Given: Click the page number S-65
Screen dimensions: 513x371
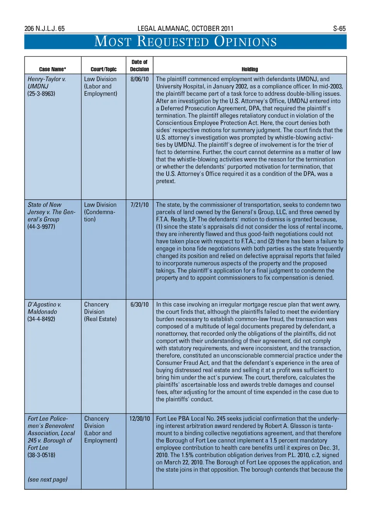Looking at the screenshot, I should click(339, 29).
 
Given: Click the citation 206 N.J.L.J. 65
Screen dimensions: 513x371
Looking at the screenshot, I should click(44, 29).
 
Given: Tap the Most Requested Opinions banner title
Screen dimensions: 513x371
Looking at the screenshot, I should click(185, 41).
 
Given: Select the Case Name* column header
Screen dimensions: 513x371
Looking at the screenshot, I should click(53, 69).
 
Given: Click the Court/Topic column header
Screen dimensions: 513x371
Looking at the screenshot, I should click(104, 69).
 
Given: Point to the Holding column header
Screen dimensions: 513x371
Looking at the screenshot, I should click(250, 69).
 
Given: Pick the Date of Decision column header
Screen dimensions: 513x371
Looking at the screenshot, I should click(140, 66).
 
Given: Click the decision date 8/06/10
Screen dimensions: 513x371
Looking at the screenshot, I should click(140, 79).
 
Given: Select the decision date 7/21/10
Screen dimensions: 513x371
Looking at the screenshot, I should click(140, 205).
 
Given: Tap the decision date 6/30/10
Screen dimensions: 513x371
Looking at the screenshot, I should click(140, 305).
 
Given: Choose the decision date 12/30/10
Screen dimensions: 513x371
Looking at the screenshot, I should click(140, 419).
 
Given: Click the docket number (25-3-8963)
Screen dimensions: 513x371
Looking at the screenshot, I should click(41, 94).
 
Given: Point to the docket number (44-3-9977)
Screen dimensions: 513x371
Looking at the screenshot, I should click(41, 227).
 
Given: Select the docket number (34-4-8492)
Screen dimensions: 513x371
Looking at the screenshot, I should click(41, 319).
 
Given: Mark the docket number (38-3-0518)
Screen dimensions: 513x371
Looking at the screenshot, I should click(41, 455).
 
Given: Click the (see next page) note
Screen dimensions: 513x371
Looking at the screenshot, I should click(48, 479).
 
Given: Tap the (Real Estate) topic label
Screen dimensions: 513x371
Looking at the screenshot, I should click(100, 319).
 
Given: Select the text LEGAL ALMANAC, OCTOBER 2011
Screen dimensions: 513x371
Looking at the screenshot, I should click(185, 29).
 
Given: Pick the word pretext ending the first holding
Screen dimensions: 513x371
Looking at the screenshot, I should click(165, 181).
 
